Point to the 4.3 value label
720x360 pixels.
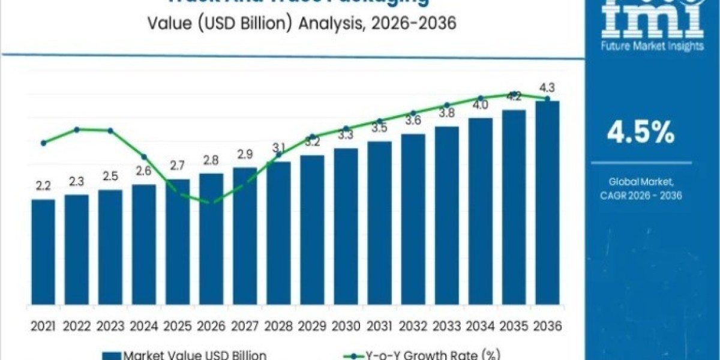click(x=547, y=88)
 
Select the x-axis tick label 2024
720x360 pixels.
click(x=143, y=326)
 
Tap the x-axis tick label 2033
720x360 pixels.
click(x=446, y=326)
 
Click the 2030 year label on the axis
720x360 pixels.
click(x=346, y=326)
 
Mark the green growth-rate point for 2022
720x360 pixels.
click(x=77, y=129)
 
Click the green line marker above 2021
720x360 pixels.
click(x=43, y=143)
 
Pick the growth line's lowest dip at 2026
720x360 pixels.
click(x=211, y=203)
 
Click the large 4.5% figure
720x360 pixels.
click(x=640, y=133)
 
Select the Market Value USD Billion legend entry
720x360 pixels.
click(x=188, y=355)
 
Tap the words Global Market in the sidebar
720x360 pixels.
click(x=640, y=181)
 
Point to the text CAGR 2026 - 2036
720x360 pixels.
click(x=640, y=196)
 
